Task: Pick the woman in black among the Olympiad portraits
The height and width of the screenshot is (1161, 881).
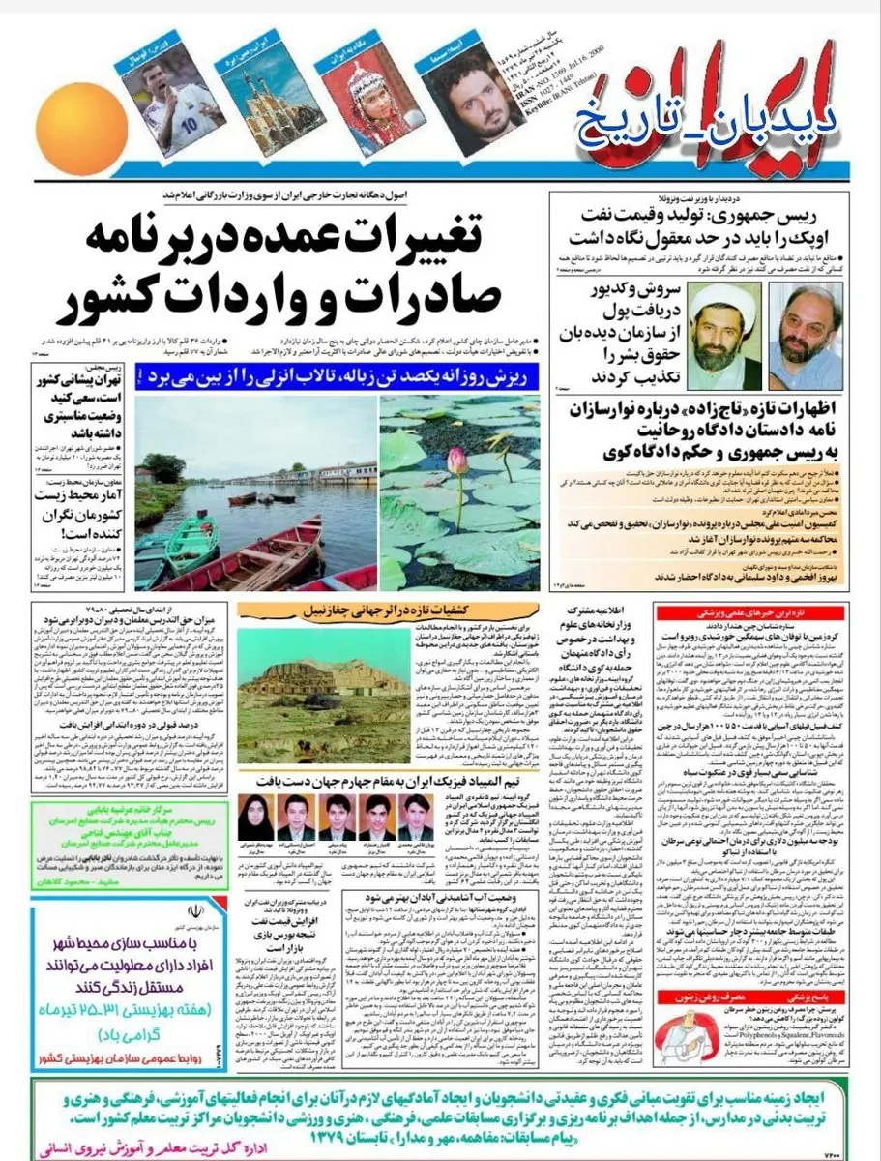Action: tap(252, 818)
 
